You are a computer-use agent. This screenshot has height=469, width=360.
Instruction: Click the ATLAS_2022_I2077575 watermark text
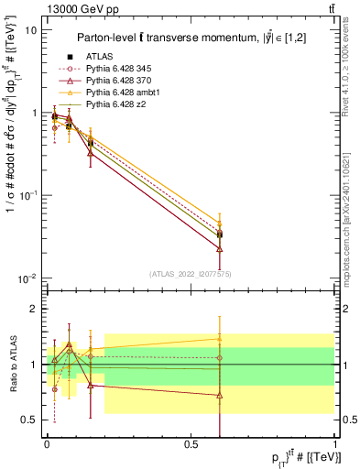pyautogui.click(x=191, y=273)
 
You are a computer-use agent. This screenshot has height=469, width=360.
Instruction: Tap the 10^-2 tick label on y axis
pyautogui.click(x=27, y=278)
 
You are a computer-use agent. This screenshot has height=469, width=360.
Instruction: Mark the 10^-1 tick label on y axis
pyautogui.click(x=27, y=195)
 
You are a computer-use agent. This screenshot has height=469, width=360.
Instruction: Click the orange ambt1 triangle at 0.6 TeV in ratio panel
pyautogui.click(x=220, y=339)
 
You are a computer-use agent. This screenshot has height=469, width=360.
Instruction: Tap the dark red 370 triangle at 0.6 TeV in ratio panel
pyautogui.click(x=220, y=396)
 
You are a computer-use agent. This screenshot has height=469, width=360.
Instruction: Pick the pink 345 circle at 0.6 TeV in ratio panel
pyautogui.click(x=220, y=357)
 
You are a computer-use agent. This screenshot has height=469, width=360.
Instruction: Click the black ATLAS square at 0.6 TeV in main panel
pyautogui.click(x=220, y=235)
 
